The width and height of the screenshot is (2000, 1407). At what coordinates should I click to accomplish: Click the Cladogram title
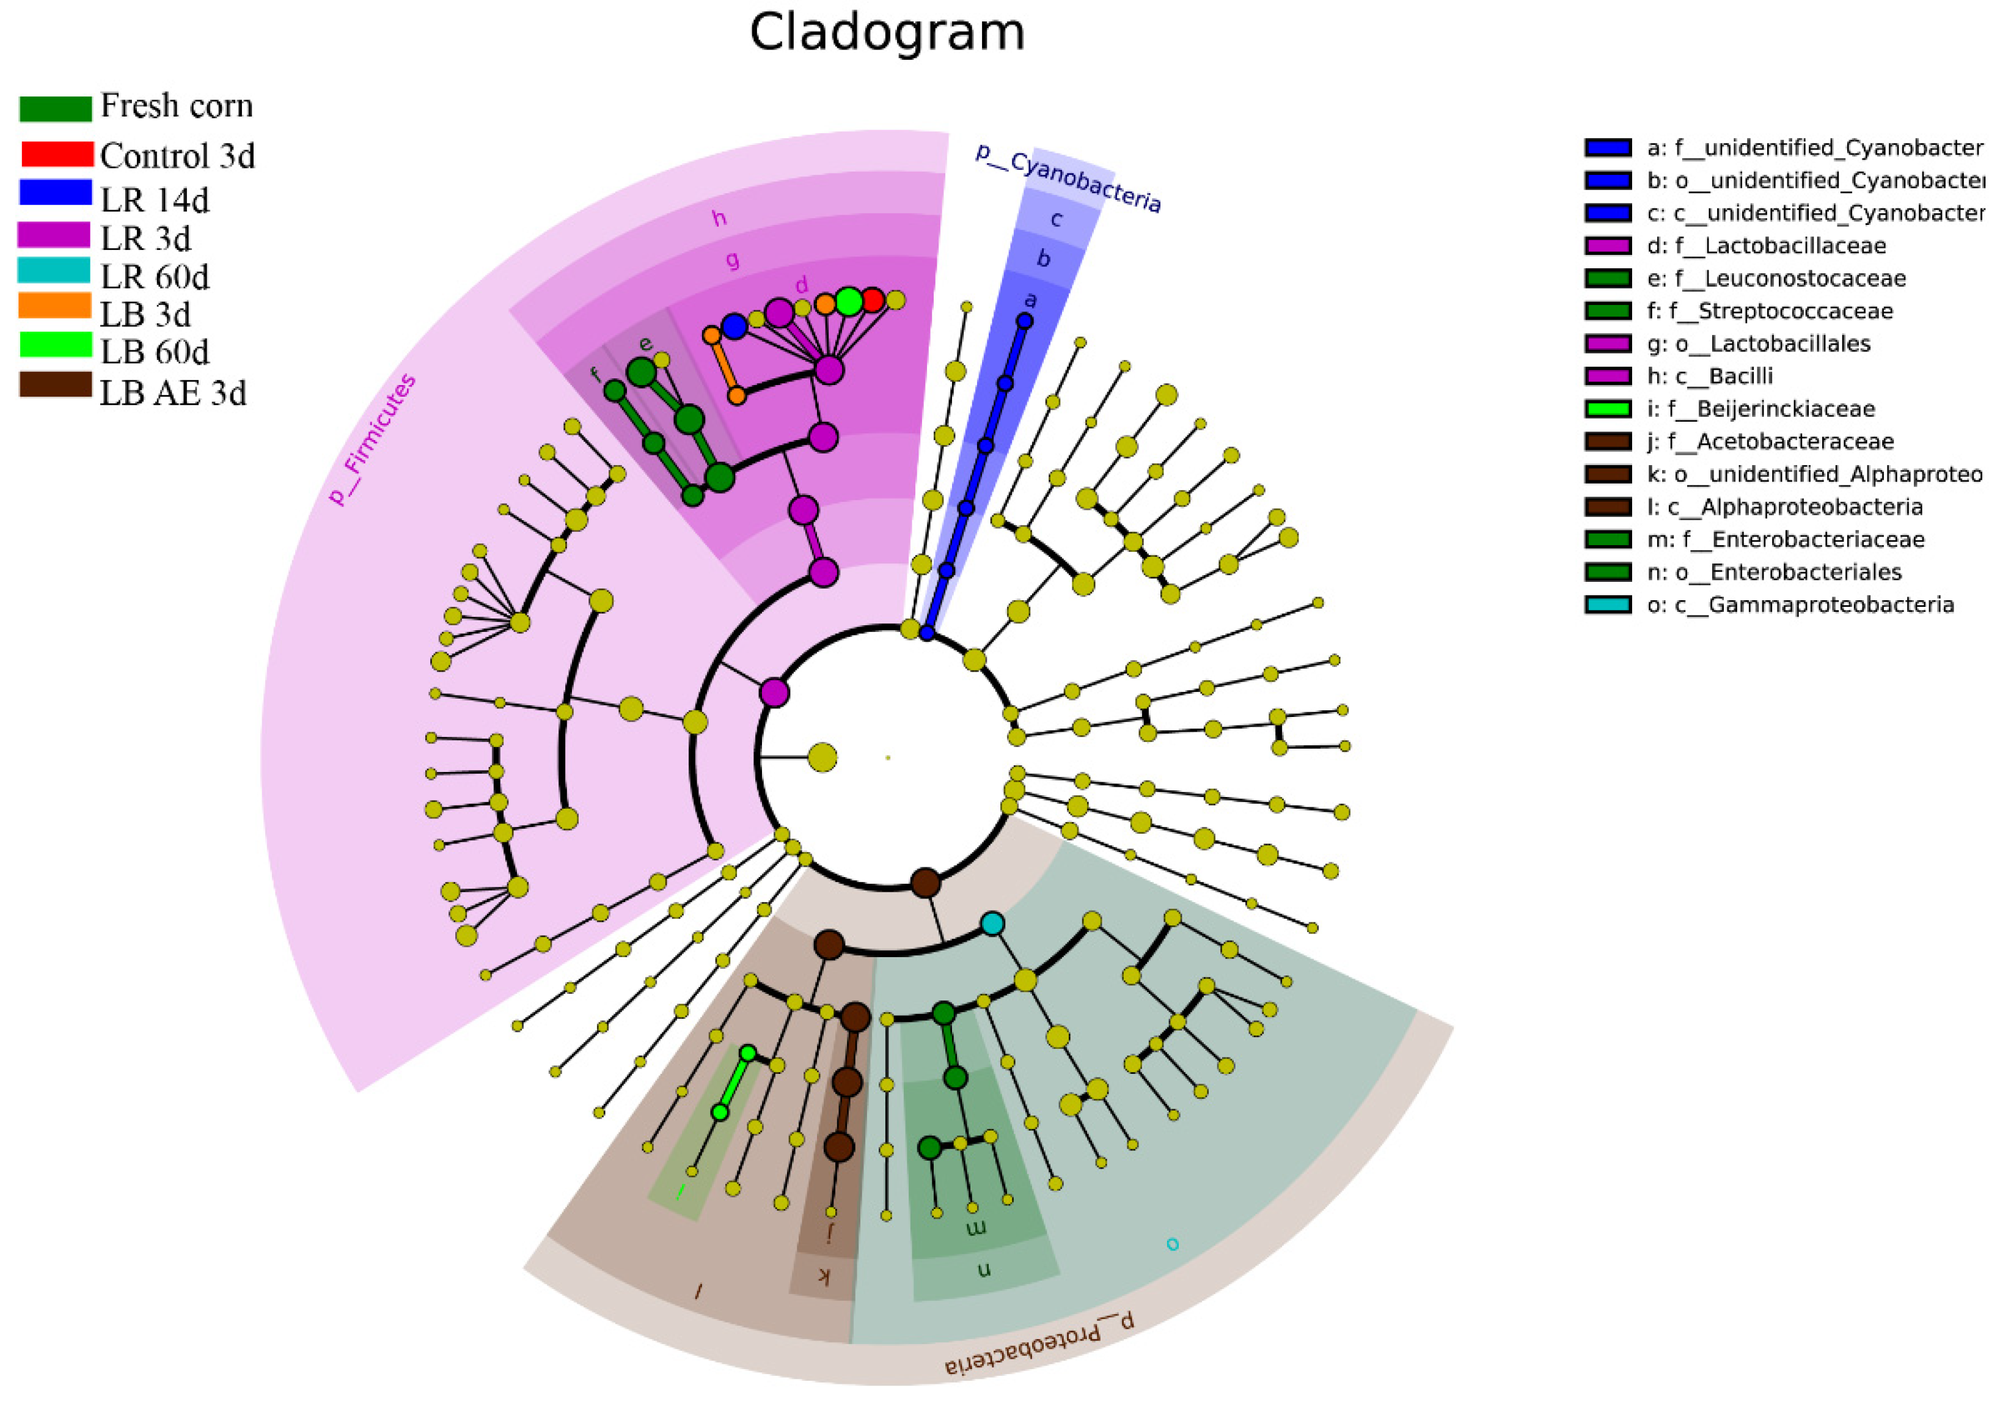pyautogui.click(x=887, y=33)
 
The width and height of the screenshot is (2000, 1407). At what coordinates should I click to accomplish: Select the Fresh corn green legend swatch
pyautogui.click(x=55, y=108)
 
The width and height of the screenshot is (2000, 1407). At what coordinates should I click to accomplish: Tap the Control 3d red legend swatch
pyautogui.click(x=57, y=154)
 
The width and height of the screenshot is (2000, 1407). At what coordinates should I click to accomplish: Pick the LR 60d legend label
pyautogui.click(x=155, y=277)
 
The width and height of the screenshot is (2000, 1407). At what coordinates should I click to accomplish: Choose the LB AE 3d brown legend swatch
pyautogui.click(x=55, y=385)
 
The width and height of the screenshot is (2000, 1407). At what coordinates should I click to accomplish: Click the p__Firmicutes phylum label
pyautogui.click(x=372, y=440)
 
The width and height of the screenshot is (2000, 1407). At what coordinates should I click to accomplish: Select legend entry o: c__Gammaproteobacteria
pyautogui.click(x=1800, y=604)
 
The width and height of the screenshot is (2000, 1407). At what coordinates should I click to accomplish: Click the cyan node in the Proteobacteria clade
pyautogui.click(x=992, y=924)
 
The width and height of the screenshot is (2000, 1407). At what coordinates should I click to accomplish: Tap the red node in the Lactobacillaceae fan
pyautogui.click(x=872, y=299)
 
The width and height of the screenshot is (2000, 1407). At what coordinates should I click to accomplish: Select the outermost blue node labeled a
pyautogui.click(x=1025, y=321)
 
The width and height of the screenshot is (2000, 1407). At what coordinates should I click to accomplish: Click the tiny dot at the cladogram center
pyautogui.click(x=888, y=758)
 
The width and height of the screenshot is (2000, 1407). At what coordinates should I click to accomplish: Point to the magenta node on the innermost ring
pyautogui.click(x=774, y=692)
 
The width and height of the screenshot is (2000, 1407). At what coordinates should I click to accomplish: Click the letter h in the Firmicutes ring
pyautogui.click(x=719, y=218)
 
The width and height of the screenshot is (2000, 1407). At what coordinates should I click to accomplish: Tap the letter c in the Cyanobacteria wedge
pyautogui.click(x=1056, y=219)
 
